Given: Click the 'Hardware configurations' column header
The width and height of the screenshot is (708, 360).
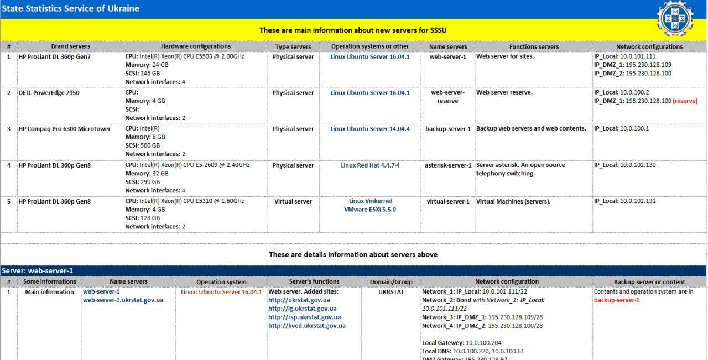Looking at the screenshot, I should [x=195, y=46].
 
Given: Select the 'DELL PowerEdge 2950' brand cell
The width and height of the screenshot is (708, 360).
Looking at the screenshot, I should [x=49, y=93].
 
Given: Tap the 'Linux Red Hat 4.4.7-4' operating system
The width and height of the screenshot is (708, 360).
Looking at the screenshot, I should [x=370, y=165].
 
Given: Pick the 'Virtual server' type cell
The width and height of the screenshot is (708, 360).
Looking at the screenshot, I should [x=293, y=201].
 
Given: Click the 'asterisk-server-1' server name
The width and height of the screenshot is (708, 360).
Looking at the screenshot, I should [x=448, y=165].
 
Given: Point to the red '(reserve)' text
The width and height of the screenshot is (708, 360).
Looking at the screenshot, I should [x=685, y=101].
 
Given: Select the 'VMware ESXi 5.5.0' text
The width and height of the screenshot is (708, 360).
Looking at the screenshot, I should [x=370, y=210].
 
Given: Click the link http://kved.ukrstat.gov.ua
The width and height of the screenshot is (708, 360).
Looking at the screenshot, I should [x=306, y=326].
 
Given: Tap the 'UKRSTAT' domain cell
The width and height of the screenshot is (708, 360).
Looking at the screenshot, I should [x=391, y=292].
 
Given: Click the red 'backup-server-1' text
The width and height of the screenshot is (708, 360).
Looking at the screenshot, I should [x=616, y=300].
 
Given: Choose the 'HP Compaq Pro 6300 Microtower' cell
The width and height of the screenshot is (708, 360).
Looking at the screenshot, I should [x=64, y=129].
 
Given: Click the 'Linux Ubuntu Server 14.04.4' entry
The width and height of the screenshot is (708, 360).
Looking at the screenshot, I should [x=370, y=129].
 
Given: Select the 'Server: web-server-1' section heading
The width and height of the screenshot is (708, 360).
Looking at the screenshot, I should [x=38, y=271].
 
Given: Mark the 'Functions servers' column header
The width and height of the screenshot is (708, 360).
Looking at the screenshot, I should [x=534, y=46].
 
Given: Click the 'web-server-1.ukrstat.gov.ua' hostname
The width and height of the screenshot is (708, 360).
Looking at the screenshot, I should [x=123, y=300].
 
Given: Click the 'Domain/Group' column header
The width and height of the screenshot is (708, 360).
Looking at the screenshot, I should [x=391, y=281].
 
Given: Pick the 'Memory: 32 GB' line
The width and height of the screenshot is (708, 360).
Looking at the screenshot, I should [x=147, y=174].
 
